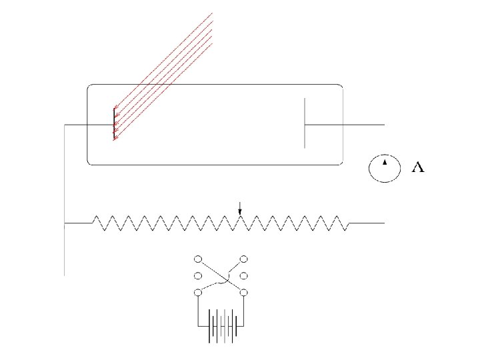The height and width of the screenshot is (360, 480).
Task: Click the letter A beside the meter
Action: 419,168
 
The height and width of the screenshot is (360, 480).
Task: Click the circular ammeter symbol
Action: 385,168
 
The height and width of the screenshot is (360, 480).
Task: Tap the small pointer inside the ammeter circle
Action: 385,163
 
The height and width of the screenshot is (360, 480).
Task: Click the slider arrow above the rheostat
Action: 241,210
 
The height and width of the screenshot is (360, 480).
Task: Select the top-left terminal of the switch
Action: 198,259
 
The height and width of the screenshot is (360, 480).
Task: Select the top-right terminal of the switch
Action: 244,259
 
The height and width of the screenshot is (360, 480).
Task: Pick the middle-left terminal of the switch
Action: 198,275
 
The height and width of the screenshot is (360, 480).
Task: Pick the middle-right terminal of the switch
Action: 244,275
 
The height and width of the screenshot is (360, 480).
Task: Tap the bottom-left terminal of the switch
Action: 198,292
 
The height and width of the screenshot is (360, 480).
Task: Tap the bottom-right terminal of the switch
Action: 244,292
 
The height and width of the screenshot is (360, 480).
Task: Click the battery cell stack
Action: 221,327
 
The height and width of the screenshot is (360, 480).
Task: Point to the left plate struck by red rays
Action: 114,125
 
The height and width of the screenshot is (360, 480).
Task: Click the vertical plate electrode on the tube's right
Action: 305,123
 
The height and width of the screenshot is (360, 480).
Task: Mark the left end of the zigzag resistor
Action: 93,223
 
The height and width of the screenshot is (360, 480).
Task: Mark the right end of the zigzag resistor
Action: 348,223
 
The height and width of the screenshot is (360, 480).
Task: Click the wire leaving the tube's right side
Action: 363,125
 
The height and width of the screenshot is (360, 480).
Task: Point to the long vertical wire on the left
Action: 64,200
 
